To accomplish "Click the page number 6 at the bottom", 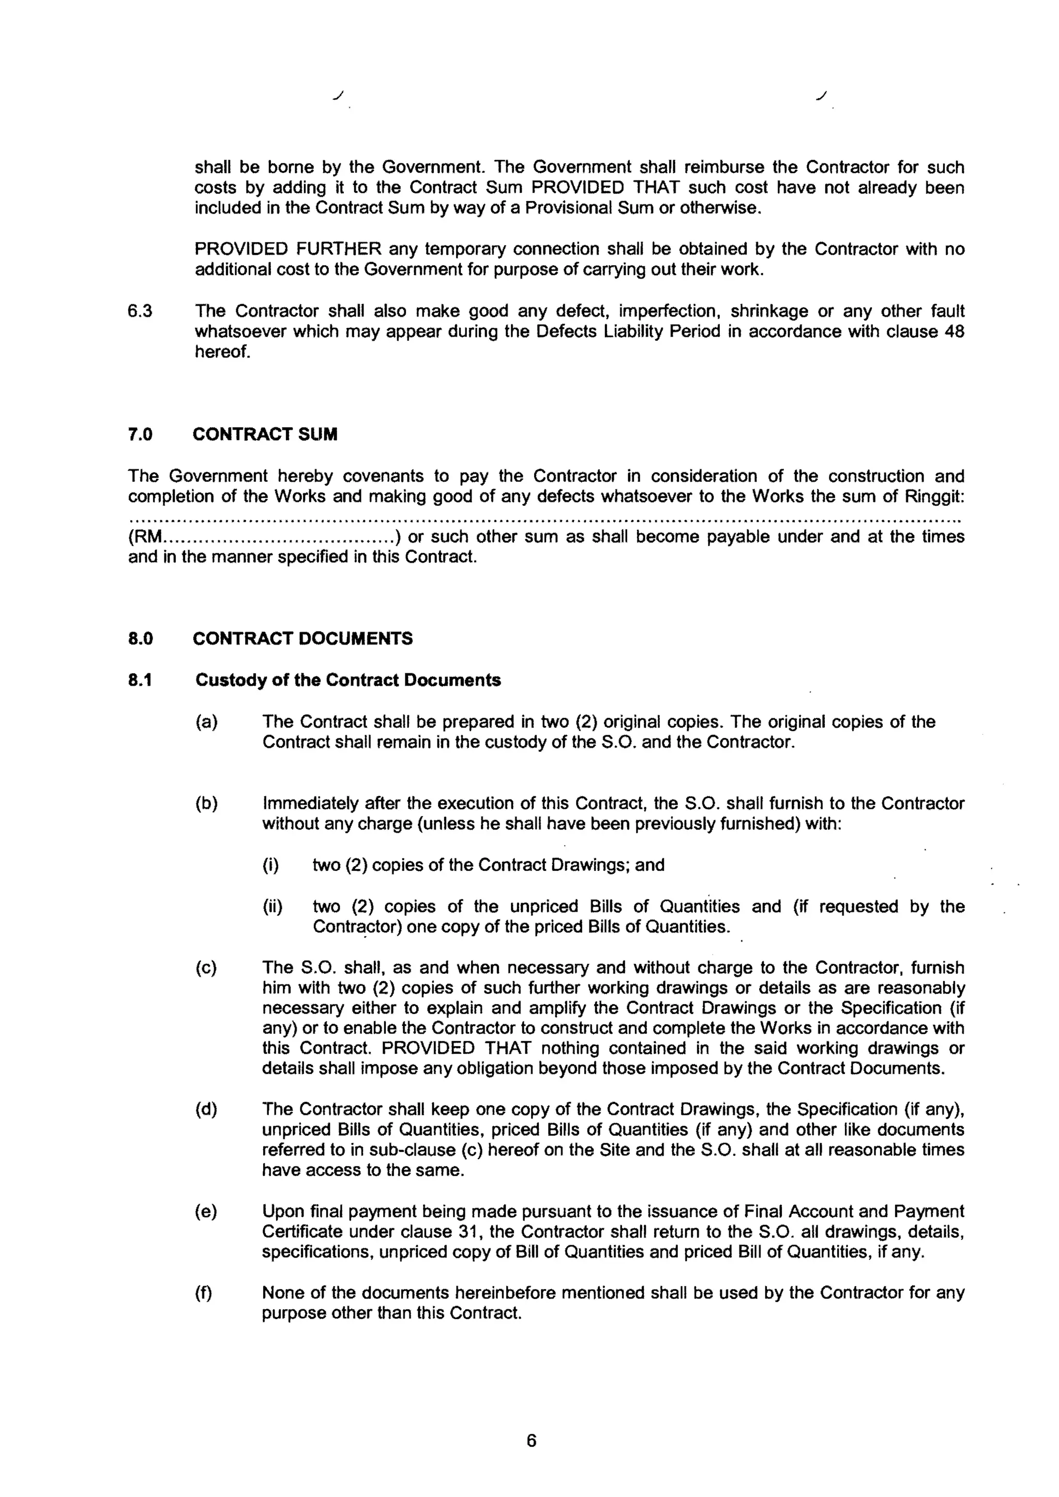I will [531, 1440].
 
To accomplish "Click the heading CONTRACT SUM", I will [265, 435].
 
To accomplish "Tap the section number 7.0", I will [140, 435].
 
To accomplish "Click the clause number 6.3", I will [140, 311].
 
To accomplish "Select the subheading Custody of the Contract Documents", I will [347, 680].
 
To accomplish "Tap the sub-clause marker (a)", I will [206, 722].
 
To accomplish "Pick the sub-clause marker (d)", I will [206, 1109].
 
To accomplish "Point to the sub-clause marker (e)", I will [206, 1212].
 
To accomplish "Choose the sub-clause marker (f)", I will [204, 1292].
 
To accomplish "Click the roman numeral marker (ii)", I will [272, 906].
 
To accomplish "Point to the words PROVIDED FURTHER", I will [288, 249].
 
